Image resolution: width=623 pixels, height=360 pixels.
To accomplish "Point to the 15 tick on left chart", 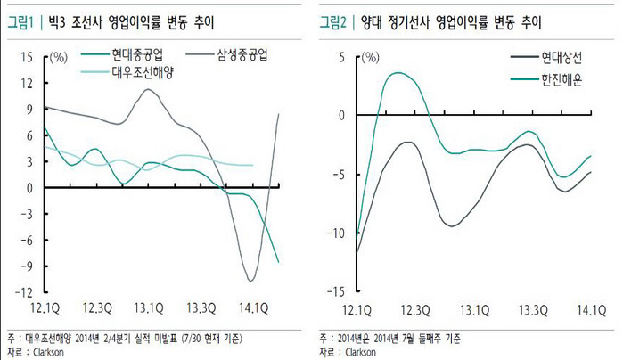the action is (27, 57).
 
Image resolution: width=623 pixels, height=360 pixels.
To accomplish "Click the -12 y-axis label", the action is (24, 292).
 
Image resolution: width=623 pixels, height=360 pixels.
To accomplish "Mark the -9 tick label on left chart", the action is (25, 266).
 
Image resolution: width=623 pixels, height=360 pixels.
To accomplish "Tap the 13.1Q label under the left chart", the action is (149, 308).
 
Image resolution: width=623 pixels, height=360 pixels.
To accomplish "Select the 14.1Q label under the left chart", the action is (254, 308).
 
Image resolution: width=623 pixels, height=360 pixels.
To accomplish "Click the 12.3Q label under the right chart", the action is (415, 310).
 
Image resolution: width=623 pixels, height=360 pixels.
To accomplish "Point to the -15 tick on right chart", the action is (337, 292).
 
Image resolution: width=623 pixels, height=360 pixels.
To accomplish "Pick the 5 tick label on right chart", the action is (341, 58).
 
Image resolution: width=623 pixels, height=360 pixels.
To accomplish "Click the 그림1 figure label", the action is (20, 22).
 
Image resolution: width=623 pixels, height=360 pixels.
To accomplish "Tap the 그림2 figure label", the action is (333, 22).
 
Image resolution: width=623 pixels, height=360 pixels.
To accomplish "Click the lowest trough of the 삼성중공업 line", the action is (250, 281).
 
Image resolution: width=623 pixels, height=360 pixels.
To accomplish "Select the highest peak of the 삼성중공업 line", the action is (148, 89).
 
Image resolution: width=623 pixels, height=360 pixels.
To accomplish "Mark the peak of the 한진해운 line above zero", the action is (398, 73).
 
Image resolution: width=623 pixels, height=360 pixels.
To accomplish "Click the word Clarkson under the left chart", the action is (48, 352).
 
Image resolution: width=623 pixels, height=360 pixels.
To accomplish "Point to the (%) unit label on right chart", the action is (371, 58).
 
